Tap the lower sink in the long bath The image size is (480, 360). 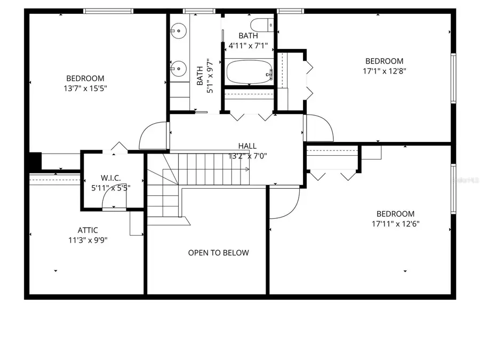point(179,68)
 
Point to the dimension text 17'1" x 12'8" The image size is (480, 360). point(384,71)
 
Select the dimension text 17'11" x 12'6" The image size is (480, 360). point(395,223)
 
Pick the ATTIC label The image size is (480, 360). point(87,230)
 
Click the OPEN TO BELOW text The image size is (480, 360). point(218,253)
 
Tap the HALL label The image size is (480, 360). point(247,146)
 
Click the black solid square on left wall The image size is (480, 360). point(35,161)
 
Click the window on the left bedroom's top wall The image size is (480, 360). point(108,11)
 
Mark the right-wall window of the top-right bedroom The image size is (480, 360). point(453,77)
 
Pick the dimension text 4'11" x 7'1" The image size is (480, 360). point(248,46)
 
